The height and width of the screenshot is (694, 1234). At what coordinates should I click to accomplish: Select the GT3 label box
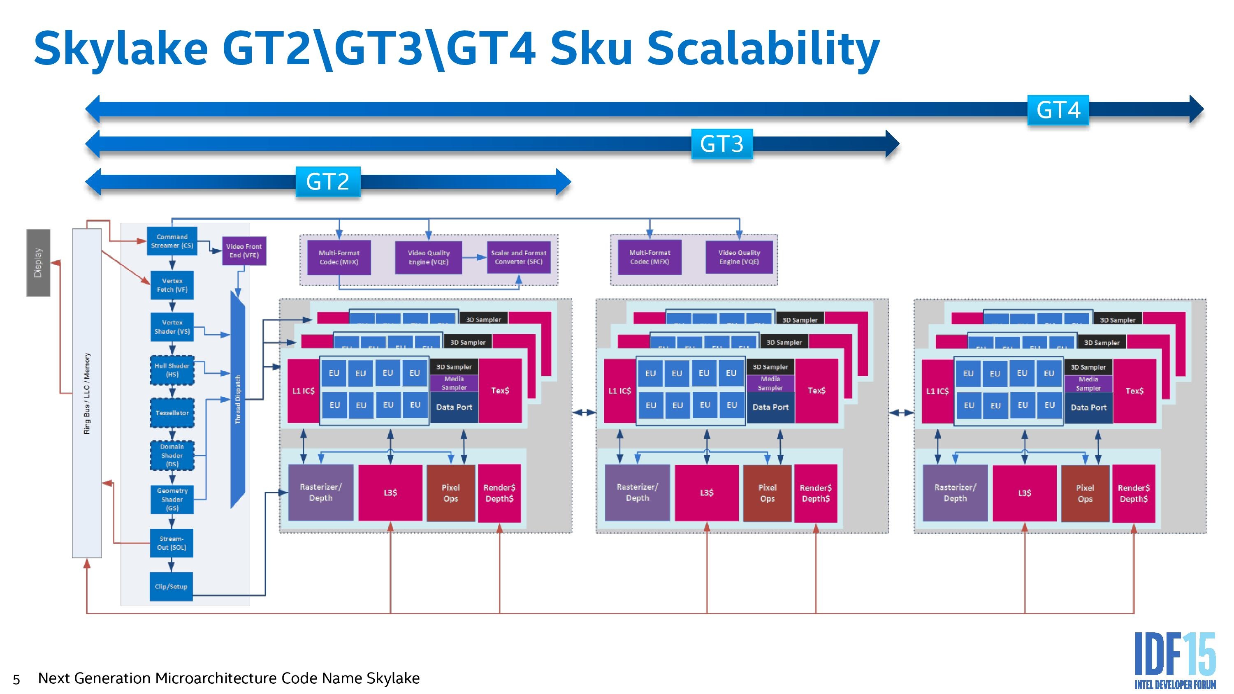point(721,143)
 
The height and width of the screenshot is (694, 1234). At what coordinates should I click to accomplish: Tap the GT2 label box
point(328,182)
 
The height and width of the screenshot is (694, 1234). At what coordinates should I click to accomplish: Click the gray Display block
point(38,262)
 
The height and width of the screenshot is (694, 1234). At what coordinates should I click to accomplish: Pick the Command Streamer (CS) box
point(172,241)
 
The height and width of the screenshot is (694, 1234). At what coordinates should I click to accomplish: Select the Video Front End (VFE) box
point(244,250)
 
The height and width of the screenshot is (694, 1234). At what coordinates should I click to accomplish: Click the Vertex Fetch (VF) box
point(172,285)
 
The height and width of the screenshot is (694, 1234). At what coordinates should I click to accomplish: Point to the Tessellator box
point(172,413)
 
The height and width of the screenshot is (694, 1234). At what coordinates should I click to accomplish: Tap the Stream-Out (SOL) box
point(172,543)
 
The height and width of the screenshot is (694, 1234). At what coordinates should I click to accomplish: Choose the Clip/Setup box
point(171,586)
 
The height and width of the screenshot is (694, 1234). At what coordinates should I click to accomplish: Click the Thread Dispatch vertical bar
point(238,400)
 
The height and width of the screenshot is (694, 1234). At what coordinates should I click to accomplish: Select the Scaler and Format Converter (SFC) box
point(518,257)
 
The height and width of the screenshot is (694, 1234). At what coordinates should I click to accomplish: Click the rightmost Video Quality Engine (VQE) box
point(739,257)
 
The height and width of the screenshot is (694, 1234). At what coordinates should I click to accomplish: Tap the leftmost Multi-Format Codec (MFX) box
point(339,257)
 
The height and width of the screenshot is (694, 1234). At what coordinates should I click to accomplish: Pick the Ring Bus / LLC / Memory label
point(87,393)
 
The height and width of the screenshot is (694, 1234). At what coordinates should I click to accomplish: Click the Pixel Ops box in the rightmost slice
point(1085,493)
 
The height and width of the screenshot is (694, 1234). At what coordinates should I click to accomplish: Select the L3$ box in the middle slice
point(707,493)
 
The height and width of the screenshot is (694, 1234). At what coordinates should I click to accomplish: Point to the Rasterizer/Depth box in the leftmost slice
point(320,493)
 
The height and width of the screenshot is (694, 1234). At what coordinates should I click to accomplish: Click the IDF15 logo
point(1175,660)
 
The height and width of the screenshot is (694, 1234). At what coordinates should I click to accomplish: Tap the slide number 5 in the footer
point(16,679)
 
